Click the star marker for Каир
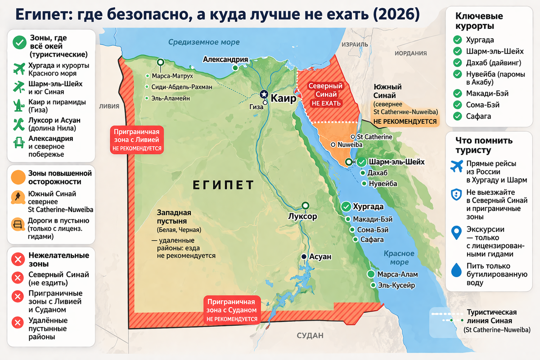coord(264,94)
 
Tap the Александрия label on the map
coord(225,59)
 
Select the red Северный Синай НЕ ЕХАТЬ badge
coord(325,94)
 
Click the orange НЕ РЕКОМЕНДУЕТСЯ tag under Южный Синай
coord(405,121)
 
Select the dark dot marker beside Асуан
coord(304,256)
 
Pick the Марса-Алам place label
coord(397,274)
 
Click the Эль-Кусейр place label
coord(396,285)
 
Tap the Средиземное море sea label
coord(204,42)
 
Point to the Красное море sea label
coord(396,258)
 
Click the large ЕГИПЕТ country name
coord(223,185)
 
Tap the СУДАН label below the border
coord(310,336)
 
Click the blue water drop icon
coord(456,269)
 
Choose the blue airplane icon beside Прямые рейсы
coord(457,166)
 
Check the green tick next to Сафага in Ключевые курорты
coord(458,116)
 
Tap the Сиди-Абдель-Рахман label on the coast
coord(182,87)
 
